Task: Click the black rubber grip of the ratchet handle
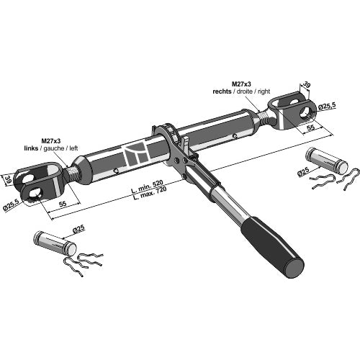pos(272,247)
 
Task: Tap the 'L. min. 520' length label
pos(147,186)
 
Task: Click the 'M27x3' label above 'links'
pos(51,140)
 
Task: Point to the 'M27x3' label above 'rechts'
pos(241,84)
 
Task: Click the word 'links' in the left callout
pos(31,148)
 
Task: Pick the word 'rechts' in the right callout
pos(222,91)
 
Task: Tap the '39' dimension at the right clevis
pos(306,85)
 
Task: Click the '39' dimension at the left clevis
pos(8,179)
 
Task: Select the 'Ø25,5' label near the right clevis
pos(327,106)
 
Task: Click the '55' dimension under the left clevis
pos(63,204)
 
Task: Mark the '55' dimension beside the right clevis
pos(310,127)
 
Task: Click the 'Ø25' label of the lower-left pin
pos(79,229)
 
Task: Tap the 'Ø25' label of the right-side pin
pos(303,172)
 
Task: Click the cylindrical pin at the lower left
pos(55,242)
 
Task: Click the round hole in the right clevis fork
pos(307,111)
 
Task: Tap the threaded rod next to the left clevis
pos(72,174)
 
